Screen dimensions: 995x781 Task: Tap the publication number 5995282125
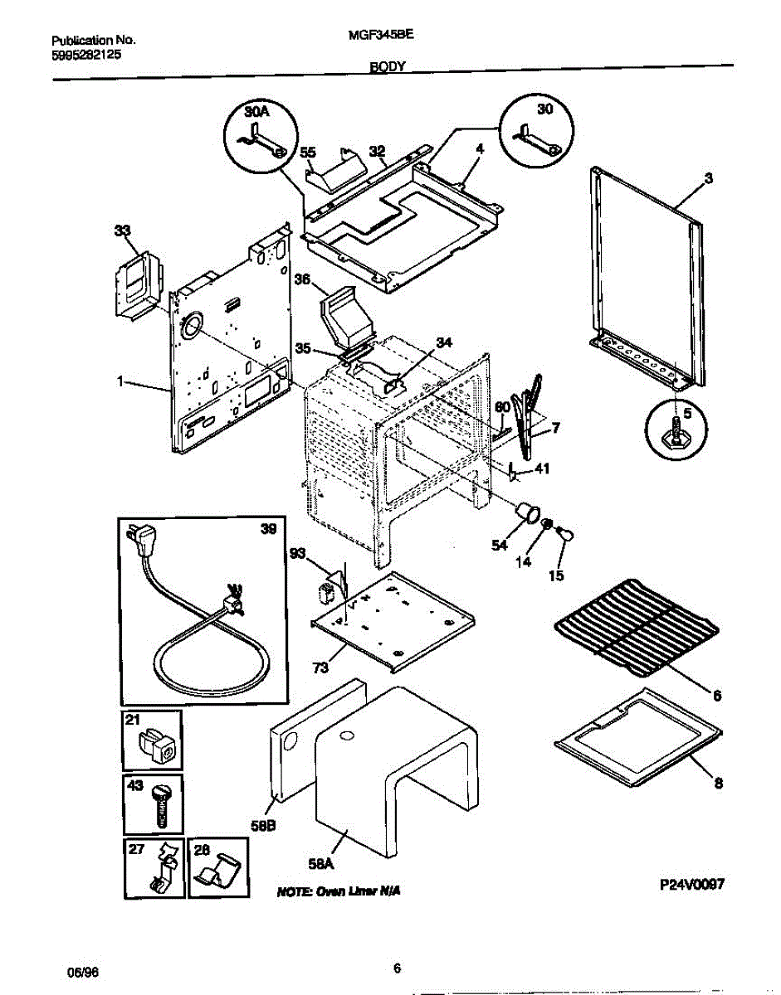(x=85, y=54)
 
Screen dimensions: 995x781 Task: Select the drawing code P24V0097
(x=692, y=885)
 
